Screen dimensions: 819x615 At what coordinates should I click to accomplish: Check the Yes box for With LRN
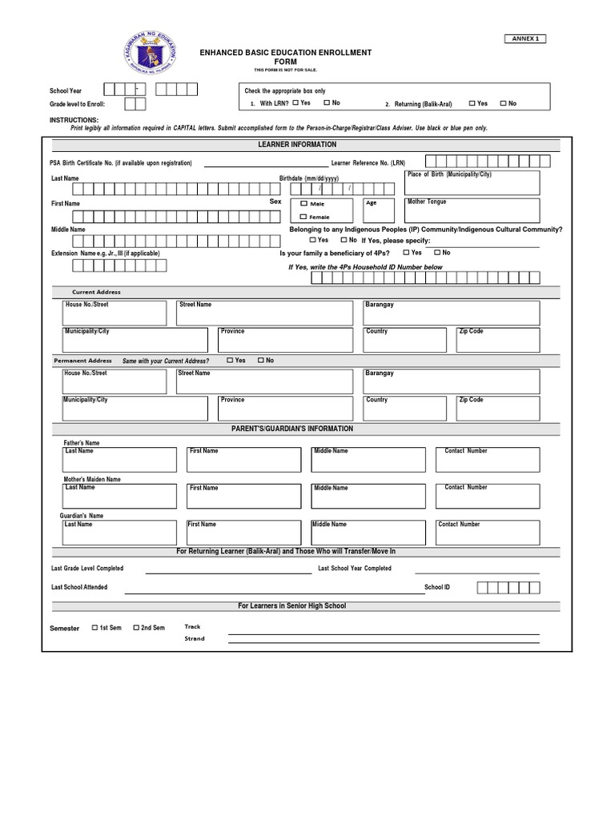tap(296, 103)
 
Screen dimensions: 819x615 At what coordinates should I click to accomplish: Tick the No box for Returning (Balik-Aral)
tap(503, 103)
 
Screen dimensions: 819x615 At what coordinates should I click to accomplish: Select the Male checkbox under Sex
tap(303, 204)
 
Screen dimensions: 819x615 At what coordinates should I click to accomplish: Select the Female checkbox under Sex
tap(303, 217)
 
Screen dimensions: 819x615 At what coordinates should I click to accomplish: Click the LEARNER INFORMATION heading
tap(298, 145)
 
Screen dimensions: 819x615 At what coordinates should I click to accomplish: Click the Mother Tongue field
tap(472, 210)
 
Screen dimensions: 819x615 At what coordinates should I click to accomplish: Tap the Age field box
tap(380, 210)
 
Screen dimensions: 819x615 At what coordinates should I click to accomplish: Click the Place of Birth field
tap(472, 183)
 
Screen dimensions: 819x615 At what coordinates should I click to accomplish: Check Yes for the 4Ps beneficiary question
tap(407, 253)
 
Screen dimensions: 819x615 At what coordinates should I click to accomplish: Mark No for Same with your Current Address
tap(260, 361)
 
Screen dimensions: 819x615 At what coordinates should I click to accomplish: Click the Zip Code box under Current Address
tap(497, 340)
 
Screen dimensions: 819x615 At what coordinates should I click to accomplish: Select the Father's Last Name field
tap(120, 460)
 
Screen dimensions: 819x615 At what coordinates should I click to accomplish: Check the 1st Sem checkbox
tap(95, 628)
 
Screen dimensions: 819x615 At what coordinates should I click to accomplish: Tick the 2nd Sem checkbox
tap(136, 628)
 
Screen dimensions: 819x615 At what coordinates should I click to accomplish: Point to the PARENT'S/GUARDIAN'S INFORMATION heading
tap(291, 429)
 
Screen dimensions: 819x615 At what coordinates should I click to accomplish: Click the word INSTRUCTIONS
tap(74, 120)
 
